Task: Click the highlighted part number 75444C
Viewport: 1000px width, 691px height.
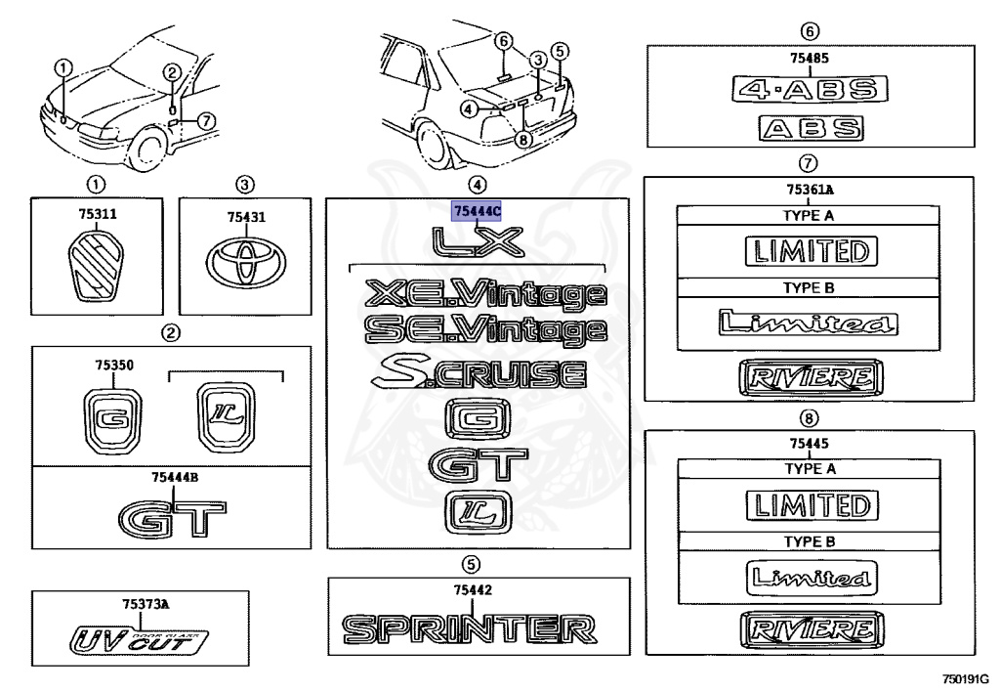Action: tap(477, 210)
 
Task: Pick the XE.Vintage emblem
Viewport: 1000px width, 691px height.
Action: tap(484, 292)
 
